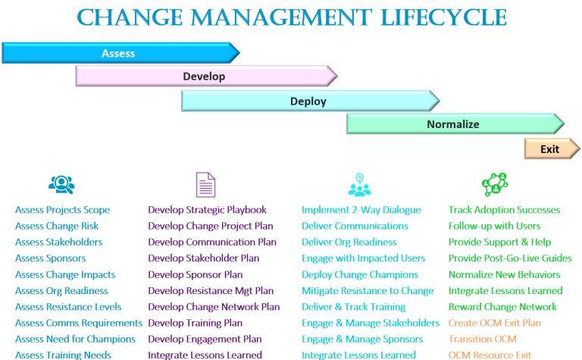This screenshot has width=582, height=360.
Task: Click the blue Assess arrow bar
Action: pos(120,53)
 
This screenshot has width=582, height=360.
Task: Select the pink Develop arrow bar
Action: pos(205,77)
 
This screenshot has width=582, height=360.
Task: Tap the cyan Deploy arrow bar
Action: pos(309,101)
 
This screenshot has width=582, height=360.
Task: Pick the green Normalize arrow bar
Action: pos(454,124)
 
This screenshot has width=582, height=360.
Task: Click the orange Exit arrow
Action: pos(551,149)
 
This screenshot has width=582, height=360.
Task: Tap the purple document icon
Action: pos(205,184)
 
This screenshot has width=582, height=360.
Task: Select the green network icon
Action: pos(494,184)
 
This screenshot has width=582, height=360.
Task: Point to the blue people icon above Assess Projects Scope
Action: pos(61,184)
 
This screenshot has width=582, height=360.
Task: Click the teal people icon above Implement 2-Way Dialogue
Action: pos(359,184)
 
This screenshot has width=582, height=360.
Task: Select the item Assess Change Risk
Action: pos(57,226)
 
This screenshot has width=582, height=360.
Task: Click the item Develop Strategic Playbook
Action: pos(207,210)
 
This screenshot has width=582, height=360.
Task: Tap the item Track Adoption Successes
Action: pos(504,210)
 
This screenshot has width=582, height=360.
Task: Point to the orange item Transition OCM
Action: pos(483,339)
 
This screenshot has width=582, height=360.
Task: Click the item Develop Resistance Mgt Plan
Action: pos(211,290)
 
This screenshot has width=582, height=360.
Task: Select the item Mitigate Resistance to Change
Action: pos(368,290)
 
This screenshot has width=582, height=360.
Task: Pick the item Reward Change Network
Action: pos(502,307)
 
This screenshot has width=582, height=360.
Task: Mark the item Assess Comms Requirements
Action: pos(79,323)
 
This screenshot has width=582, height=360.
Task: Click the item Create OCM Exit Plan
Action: pos(495,323)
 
